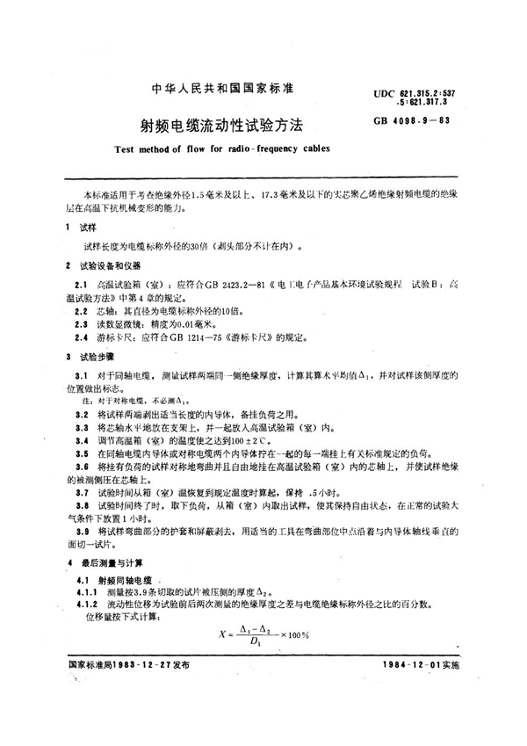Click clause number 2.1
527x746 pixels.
82,285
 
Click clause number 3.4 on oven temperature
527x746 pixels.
82,437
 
